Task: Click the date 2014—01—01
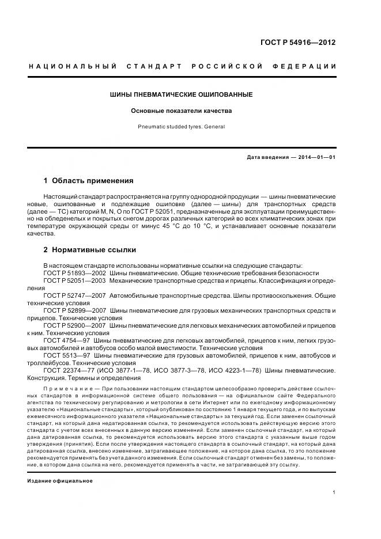315,157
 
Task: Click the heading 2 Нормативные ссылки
90,250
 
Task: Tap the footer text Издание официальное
59,480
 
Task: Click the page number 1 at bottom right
334,492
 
